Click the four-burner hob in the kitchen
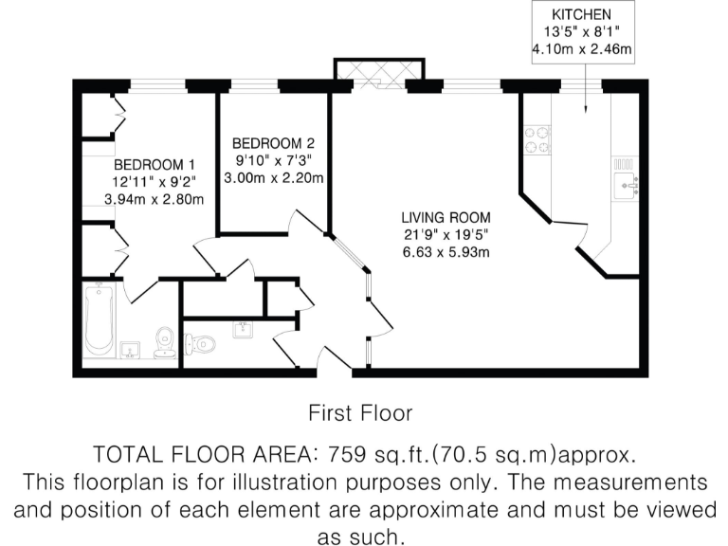(x=537, y=139)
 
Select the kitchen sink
(x=626, y=182)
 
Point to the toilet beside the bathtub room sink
(x=165, y=340)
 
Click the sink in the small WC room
(x=240, y=329)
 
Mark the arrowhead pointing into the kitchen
(x=587, y=112)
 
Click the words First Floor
(x=360, y=412)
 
